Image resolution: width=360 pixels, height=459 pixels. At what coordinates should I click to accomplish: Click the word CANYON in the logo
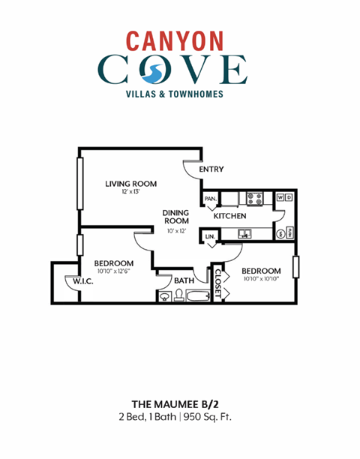coord(179,40)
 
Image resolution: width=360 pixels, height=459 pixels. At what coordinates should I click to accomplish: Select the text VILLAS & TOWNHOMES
coord(179,94)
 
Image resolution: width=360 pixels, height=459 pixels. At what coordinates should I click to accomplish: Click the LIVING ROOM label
coord(130,182)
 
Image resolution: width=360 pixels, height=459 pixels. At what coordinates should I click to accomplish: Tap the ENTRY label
coord(211,169)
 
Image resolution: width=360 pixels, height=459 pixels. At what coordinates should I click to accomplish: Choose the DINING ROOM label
coord(176,217)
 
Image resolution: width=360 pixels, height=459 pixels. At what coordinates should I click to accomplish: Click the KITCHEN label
coord(229,216)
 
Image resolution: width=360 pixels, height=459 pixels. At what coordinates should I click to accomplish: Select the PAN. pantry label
coord(209,198)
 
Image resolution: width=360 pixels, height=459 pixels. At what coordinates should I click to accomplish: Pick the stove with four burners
coord(255,199)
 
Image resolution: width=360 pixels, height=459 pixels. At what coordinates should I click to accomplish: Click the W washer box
coord(280,198)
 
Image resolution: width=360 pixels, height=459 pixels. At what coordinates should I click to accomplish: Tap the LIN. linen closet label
coord(209,237)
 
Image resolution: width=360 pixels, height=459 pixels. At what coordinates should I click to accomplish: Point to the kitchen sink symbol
coord(244,235)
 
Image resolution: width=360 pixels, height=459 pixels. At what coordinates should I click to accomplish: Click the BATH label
coord(184,281)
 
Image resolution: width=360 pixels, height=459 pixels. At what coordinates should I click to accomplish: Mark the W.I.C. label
coord(82,281)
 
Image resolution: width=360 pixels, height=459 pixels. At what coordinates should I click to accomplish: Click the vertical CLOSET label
coord(218,283)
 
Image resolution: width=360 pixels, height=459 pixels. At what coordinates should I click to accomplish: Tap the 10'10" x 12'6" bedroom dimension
coord(113,271)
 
